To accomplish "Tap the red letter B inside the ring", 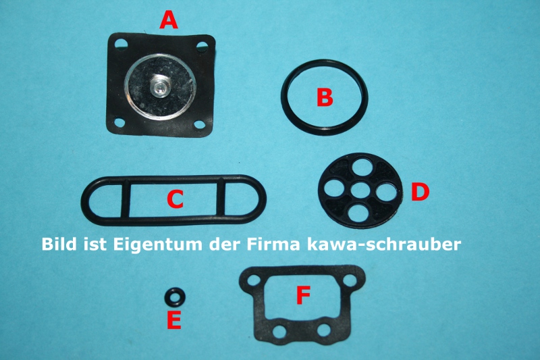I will pos(325,98).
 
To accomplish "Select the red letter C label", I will pos(175,199).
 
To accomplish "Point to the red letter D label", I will pos(420,192).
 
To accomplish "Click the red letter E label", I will pos(173,321).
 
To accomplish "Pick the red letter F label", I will pos(303,294).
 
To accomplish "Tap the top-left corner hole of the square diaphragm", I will pos(120,45).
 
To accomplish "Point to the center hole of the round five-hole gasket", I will pos(364,187).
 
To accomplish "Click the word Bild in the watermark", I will pos(59,243).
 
